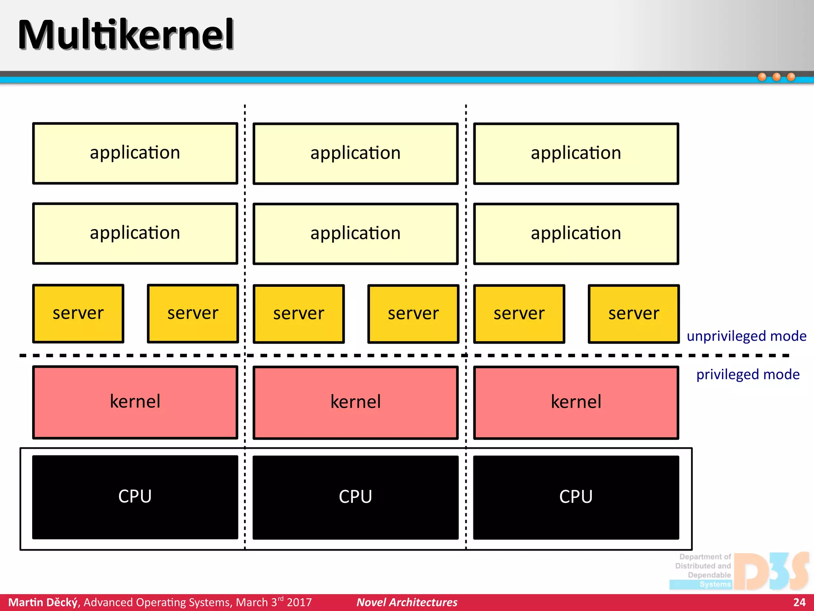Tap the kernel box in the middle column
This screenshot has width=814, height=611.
pyautogui.click(x=355, y=402)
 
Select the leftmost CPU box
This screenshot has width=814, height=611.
pyautogui.click(x=135, y=497)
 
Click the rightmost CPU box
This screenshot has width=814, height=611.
pyautogui.click(x=576, y=497)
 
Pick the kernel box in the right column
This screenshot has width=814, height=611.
pyautogui.click(x=576, y=402)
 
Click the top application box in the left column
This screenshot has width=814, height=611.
pyautogui.click(x=135, y=153)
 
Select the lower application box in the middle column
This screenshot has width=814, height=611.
pyautogui.click(x=355, y=234)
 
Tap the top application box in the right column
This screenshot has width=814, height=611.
pyautogui.click(x=576, y=154)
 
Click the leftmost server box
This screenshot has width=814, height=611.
pyautogui.click(x=78, y=313)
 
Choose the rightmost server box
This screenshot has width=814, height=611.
pyautogui.click(x=634, y=314)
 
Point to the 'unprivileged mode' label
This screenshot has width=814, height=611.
pyautogui.click(x=746, y=336)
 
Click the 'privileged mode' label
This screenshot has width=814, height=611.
pyautogui.click(x=748, y=374)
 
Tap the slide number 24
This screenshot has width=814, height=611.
pyautogui.click(x=799, y=602)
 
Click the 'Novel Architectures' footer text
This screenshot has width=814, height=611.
pyautogui.click(x=407, y=602)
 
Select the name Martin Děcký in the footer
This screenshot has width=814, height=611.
pyautogui.click(x=43, y=602)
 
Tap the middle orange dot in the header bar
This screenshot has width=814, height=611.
pyautogui.click(x=776, y=77)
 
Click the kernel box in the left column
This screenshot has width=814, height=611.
pyautogui.click(x=135, y=402)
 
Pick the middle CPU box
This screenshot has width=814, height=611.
pyautogui.click(x=355, y=497)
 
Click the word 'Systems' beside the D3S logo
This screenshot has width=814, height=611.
pyautogui.click(x=715, y=584)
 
